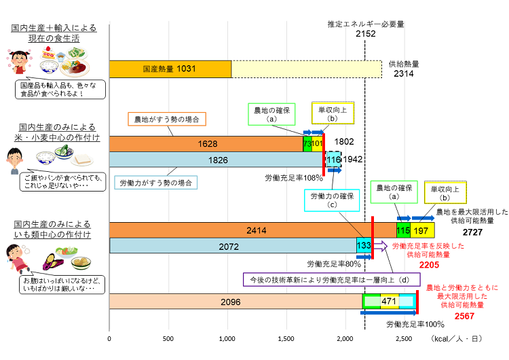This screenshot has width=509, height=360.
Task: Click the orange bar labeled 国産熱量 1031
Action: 170,69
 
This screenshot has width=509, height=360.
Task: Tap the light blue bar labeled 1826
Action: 216,160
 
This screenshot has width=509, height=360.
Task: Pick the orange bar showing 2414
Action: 252,230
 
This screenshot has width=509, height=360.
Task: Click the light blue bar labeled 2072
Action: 232,247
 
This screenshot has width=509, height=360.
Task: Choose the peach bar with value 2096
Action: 235,302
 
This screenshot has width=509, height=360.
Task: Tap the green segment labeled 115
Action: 403,230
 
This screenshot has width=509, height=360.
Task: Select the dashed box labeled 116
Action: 333,160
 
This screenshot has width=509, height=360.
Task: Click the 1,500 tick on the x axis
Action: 286,338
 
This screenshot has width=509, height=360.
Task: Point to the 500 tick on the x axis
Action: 168,338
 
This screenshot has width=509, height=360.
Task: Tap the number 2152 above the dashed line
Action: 365,34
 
